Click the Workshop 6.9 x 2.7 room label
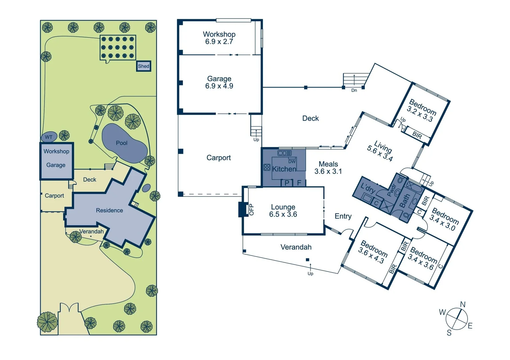tap(219, 38)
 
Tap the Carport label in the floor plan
tap(218, 158)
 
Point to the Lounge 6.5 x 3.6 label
tap(283, 211)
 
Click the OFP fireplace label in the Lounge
tap(251, 209)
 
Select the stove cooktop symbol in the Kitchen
tap(267, 167)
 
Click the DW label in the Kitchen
tap(292, 161)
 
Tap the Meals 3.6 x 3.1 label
tap(328, 168)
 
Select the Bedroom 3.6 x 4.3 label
tap(373, 252)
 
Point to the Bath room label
tap(404, 201)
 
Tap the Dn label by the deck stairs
tap(354, 90)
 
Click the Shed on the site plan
tap(144, 66)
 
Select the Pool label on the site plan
tap(121, 143)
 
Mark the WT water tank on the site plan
tap(49, 137)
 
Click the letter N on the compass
tap(463, 304)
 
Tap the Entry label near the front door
tap(343, 216)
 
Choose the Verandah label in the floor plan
tap(296, 247)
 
